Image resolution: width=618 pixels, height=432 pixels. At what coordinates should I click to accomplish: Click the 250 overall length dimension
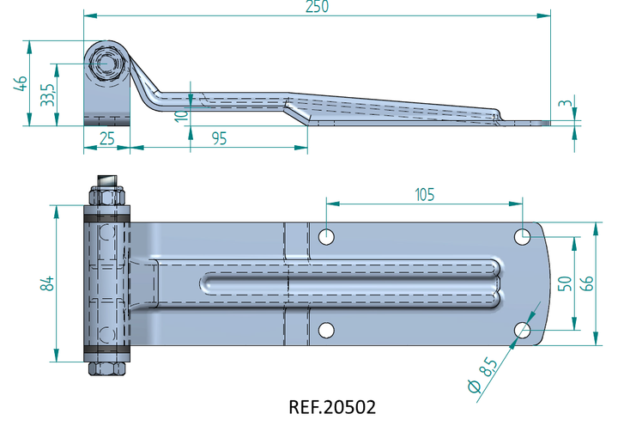click(317, 7)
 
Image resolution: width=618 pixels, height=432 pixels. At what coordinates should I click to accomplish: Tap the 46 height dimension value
click(21, 83)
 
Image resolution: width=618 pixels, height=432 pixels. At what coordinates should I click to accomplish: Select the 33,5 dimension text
click(48, 95)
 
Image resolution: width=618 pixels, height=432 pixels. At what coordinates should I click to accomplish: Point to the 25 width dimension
click(106, 139)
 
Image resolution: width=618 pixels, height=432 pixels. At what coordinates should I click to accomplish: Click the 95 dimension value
click(219, 138)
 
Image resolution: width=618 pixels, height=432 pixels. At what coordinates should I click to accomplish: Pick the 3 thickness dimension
click(566, 103)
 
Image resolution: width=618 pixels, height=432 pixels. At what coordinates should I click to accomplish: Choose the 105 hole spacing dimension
click(425, 194)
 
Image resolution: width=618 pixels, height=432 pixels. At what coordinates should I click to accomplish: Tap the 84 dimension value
click(47, 283)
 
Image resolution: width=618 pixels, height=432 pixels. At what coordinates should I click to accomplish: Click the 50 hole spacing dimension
click(565, 283)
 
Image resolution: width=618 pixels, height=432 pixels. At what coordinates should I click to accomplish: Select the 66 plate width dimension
click(587, 283)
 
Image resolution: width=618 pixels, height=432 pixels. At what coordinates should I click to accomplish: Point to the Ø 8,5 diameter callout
click(482, 374)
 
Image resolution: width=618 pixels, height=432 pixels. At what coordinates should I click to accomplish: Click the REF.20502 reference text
click(332, 407)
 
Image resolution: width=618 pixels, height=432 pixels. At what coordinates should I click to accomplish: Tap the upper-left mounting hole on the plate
click(326, 237)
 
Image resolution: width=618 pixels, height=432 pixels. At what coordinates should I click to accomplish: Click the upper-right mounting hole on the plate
click(523, 237)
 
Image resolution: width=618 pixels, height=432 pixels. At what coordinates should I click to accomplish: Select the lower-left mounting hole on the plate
click(326, 330)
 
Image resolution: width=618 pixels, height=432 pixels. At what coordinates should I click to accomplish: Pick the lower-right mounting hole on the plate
click(523, 330)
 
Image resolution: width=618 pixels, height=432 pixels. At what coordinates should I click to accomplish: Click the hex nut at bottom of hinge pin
click(106, 368)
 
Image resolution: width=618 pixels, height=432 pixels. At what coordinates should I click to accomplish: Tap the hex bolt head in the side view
click(106, 64)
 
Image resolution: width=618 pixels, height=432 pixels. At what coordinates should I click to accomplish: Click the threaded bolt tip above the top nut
click(107, 181)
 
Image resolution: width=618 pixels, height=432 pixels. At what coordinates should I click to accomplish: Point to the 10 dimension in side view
click(181, 116)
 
